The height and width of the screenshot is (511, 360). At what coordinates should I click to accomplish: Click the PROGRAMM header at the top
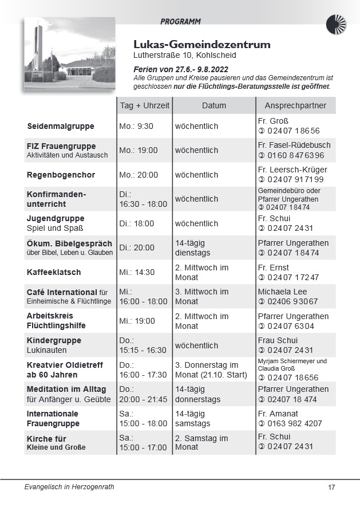click(180, 22)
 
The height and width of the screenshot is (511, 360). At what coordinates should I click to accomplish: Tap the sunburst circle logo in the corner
click(336, 25)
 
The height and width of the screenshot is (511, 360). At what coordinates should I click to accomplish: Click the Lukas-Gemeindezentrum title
click(202, 45)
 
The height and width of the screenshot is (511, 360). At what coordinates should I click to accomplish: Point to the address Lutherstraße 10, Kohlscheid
click(184, 56)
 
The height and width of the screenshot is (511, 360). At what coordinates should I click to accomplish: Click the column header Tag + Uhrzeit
click(144, 105)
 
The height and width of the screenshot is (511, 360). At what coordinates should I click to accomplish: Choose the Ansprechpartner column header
click(295, 105)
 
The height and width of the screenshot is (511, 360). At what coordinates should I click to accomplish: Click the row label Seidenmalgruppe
click(61, 126)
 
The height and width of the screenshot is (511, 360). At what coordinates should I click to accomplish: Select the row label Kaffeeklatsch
click(54, 272)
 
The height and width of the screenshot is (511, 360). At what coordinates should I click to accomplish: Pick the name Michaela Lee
click(282, 292)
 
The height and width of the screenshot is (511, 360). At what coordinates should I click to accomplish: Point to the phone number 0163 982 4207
click(294, 423)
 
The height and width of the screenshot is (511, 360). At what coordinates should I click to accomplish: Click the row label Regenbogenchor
click(61, 175)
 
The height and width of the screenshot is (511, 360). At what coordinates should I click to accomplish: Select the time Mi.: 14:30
click(137, 272)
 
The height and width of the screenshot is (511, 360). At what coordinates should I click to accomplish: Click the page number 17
click(331, 488)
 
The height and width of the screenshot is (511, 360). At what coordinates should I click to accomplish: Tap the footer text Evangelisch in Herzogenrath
click(69, 487)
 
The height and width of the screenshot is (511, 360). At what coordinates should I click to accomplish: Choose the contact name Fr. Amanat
click(278, 414)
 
